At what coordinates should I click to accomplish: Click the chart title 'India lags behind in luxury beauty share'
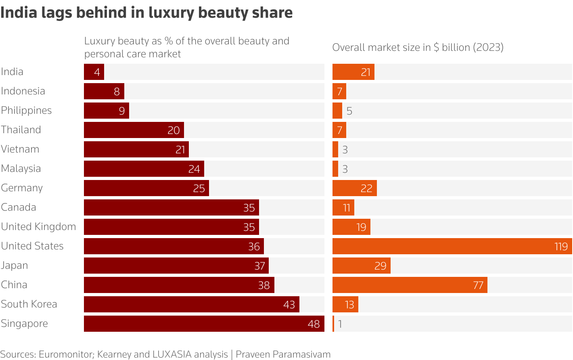146,13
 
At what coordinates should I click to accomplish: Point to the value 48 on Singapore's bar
314,324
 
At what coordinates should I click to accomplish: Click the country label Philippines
26,111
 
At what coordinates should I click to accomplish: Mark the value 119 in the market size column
561,246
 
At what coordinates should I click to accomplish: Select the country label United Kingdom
38,227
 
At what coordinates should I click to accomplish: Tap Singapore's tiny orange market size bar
333,324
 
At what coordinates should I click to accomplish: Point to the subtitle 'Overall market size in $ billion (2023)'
418,48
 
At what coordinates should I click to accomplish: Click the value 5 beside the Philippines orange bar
349,111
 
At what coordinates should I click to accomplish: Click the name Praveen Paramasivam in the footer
283,354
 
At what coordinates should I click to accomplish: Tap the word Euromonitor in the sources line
66,354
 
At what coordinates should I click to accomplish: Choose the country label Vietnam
20,149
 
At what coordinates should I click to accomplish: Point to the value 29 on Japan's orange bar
380,266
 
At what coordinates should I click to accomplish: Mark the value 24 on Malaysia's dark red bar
194,169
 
